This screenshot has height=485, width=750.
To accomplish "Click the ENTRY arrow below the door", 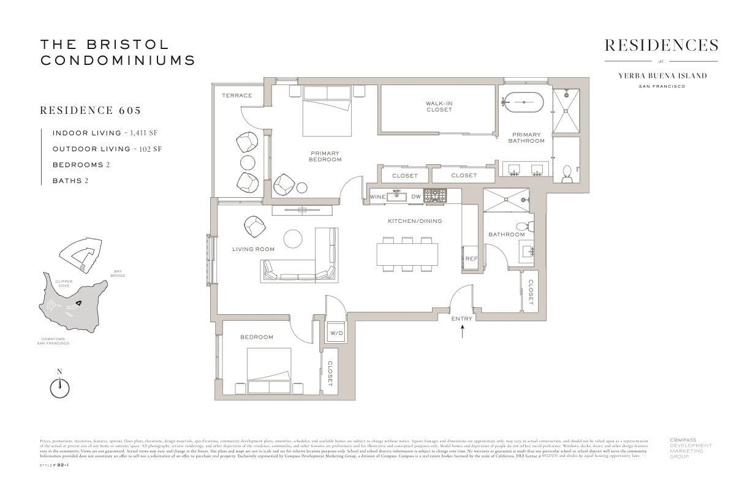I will pyautogui.click(x=462, y=332).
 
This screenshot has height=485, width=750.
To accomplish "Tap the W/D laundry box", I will pyautogui.click(x=336, y=333).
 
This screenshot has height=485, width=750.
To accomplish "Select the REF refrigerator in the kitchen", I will pyautogui.click(x=471, y=259).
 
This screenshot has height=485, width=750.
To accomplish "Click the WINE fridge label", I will pyautogui.click(x=377, y=197).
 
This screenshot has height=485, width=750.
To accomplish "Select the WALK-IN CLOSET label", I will pyautogui.click(x=439, y=106).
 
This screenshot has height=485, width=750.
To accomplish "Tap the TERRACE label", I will pyautogui.click(x=237, y=96).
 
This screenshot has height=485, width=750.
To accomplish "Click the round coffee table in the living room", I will pyautogui.click(x=293, y=239).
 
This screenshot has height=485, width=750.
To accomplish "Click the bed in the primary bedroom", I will pyautogui.click(x=327, y=110).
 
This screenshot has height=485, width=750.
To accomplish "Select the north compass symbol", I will pyautogui.click(x=59, y=387).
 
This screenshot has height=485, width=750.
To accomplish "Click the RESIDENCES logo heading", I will pyautogui.click(x=661, y=46).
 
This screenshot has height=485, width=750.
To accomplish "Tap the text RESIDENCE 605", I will pyautogui.click(x=91, y=111).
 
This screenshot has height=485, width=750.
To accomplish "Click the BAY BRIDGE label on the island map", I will pyautogui.click(x=118, y=273).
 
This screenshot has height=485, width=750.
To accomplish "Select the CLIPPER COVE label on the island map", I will pyautogui.click(x=65, y=284).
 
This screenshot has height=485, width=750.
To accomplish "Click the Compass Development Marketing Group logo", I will pyautogui.click(x=691, y=448).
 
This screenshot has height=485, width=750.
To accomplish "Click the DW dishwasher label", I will pyautogui.click(x=415, y=197).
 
